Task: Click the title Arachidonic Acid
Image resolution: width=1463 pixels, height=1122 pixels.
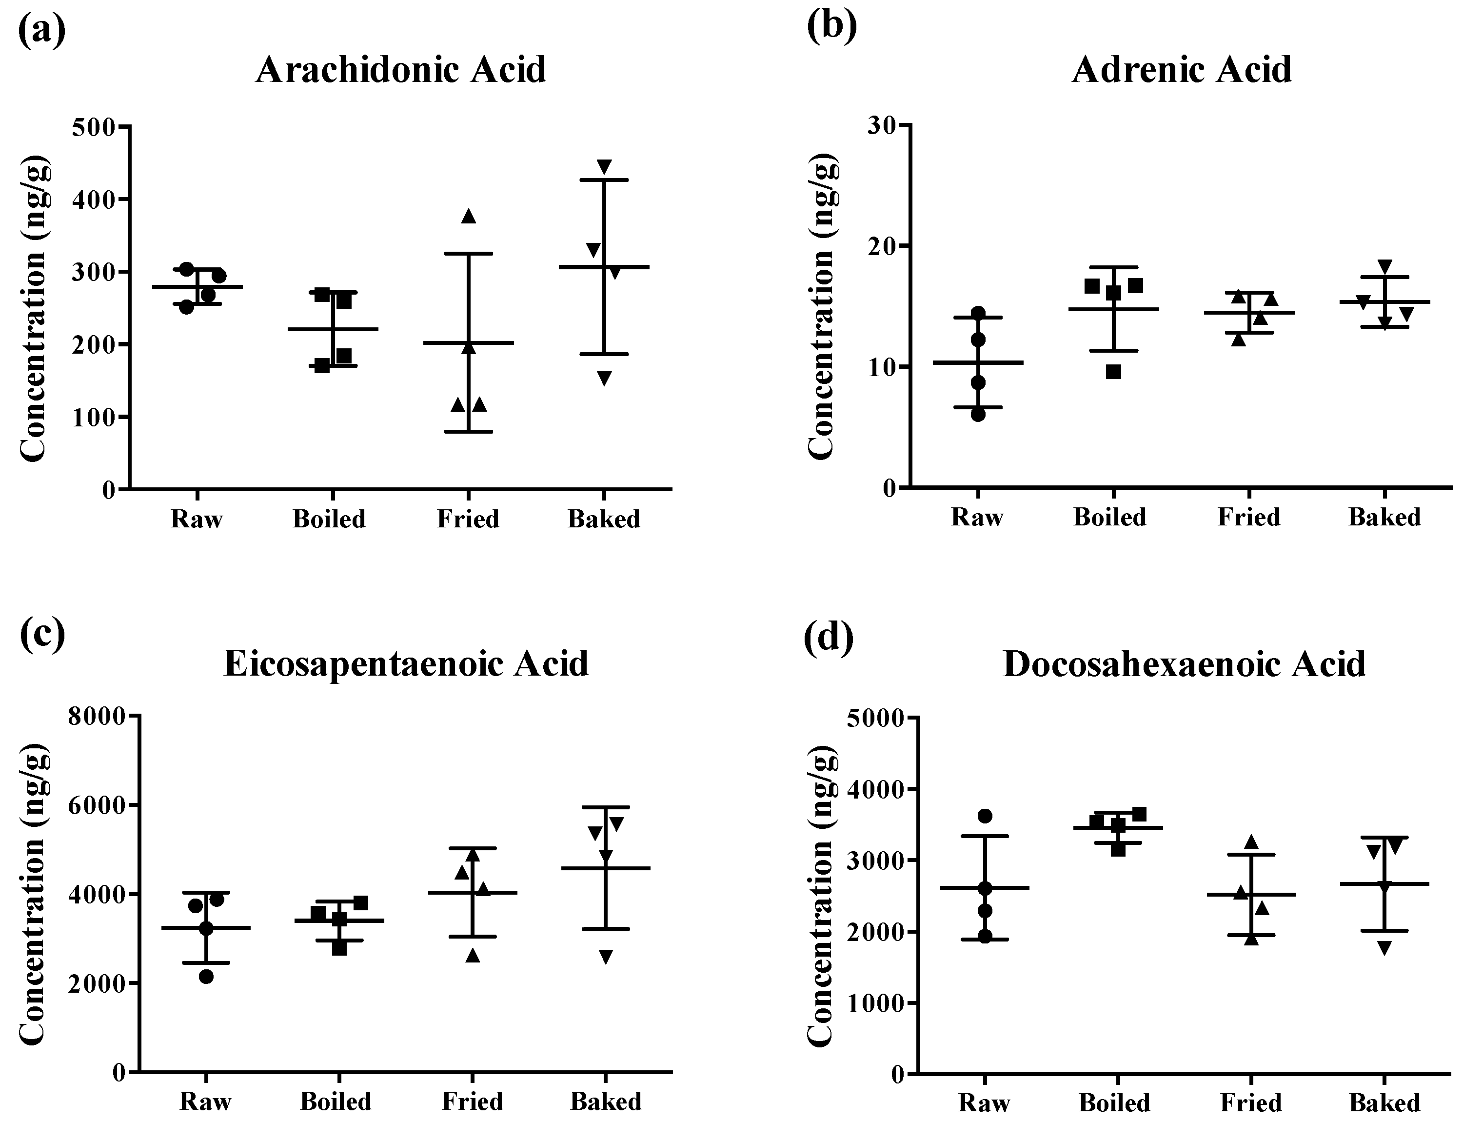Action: tap(401, 69)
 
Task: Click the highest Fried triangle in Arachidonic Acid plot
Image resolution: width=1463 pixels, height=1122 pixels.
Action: tap(468, 216)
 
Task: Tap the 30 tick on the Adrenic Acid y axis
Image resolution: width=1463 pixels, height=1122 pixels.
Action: tap(881, 125)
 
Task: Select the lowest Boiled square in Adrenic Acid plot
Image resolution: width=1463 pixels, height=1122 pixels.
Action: tap(1113, 372)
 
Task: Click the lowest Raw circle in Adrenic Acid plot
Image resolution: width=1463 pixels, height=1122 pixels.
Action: tap(978, 415)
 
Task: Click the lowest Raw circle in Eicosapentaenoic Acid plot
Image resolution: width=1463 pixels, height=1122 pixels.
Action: tap(206, 977)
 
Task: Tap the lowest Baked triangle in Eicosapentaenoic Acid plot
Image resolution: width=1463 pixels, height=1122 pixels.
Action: tap(606, 956)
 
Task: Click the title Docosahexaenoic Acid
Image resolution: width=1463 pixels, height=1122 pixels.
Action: tap(1184, 664)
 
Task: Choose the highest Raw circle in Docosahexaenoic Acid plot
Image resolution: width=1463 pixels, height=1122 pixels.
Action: tap(985, 816)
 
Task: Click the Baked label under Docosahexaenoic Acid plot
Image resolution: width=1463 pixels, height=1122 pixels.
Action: tap(1384, 1102)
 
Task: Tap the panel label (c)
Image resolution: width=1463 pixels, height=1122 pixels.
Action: tap(42, 635)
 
